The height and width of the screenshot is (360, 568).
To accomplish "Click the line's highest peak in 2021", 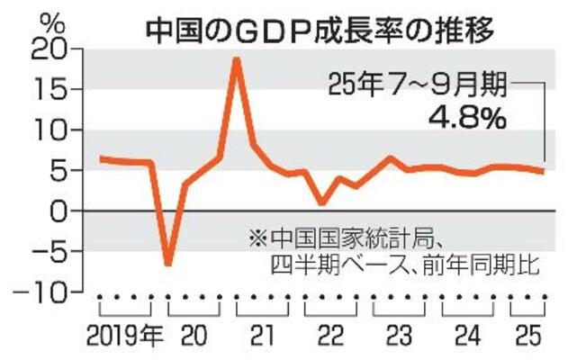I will tap(236, 59).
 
